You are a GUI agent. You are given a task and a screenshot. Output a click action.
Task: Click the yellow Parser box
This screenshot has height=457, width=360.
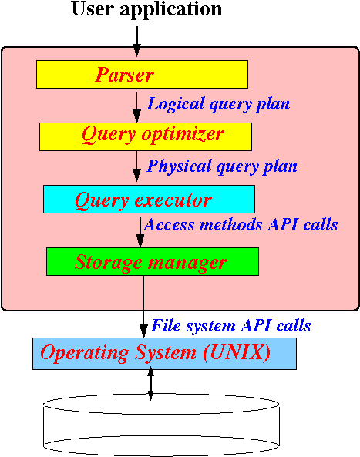point(143,74)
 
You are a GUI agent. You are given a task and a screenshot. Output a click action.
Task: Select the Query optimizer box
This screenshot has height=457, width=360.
point(146,136)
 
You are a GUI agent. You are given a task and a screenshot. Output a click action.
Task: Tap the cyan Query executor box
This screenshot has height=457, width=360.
point(149,199)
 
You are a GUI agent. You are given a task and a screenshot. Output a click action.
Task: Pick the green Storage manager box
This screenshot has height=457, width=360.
point(153,261)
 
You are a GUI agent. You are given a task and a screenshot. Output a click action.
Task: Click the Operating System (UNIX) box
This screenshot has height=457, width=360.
point(164,354)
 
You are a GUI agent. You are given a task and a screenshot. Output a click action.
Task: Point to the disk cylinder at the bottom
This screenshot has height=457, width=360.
point(161,426)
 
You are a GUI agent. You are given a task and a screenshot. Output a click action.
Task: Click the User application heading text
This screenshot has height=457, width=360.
point(146,10)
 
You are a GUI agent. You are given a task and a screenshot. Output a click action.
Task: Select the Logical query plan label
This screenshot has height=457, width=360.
point(218,104)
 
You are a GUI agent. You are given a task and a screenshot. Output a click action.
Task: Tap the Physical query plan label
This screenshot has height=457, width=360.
point(222,166)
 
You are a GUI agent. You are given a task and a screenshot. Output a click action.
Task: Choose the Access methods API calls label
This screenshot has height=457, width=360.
point(241,225)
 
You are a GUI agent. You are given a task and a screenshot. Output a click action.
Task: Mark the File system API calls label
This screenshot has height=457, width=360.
point(230,325)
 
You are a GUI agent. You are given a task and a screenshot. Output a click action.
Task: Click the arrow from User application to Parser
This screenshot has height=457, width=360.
point(136,42)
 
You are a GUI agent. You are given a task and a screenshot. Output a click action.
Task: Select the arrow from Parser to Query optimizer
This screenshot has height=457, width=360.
point(136,107)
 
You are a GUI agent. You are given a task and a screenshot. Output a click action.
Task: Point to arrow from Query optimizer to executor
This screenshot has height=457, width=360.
point(136,166)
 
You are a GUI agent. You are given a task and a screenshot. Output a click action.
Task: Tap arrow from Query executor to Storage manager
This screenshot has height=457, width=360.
point(140,232)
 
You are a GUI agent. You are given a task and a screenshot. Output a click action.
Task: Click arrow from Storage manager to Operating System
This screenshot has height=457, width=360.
point(143,307)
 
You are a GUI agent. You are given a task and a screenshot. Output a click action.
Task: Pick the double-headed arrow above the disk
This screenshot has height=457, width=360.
point(150,383)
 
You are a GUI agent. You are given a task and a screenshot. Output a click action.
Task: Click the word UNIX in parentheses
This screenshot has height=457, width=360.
point(237,353)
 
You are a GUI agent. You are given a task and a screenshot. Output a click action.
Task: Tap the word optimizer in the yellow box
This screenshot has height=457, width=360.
point(183,134)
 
